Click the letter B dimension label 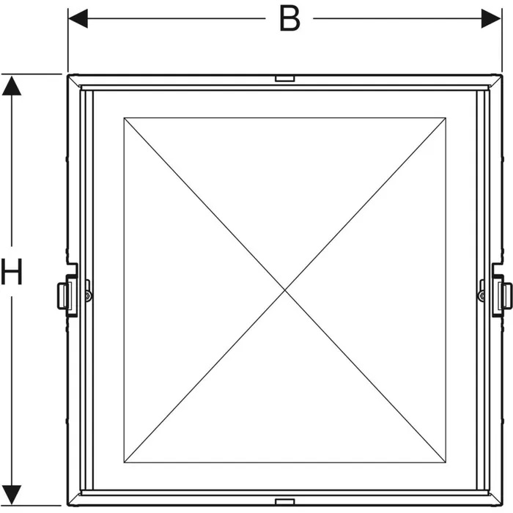pos(289,18)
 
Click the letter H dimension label pos(12,271)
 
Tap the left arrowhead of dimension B pos(78,18)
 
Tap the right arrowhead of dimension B pos(491,18)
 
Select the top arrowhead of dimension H pos(12,86)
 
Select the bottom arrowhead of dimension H pos(12,495)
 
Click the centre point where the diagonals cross pos(285,290)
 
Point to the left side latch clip pos(67,291)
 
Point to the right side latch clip pos(502,291)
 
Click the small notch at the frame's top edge pos(285,78)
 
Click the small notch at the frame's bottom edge pos(285,501)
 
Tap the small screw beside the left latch pos(88,296)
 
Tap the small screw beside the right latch pos(481,296)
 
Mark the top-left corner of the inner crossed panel pos(125,118)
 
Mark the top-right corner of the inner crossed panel pos(446,118)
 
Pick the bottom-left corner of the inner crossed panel pos(125,462)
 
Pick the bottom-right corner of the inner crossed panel pos(446,462)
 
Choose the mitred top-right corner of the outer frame pos(495,81)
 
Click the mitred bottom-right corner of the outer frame pos(495,499)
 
